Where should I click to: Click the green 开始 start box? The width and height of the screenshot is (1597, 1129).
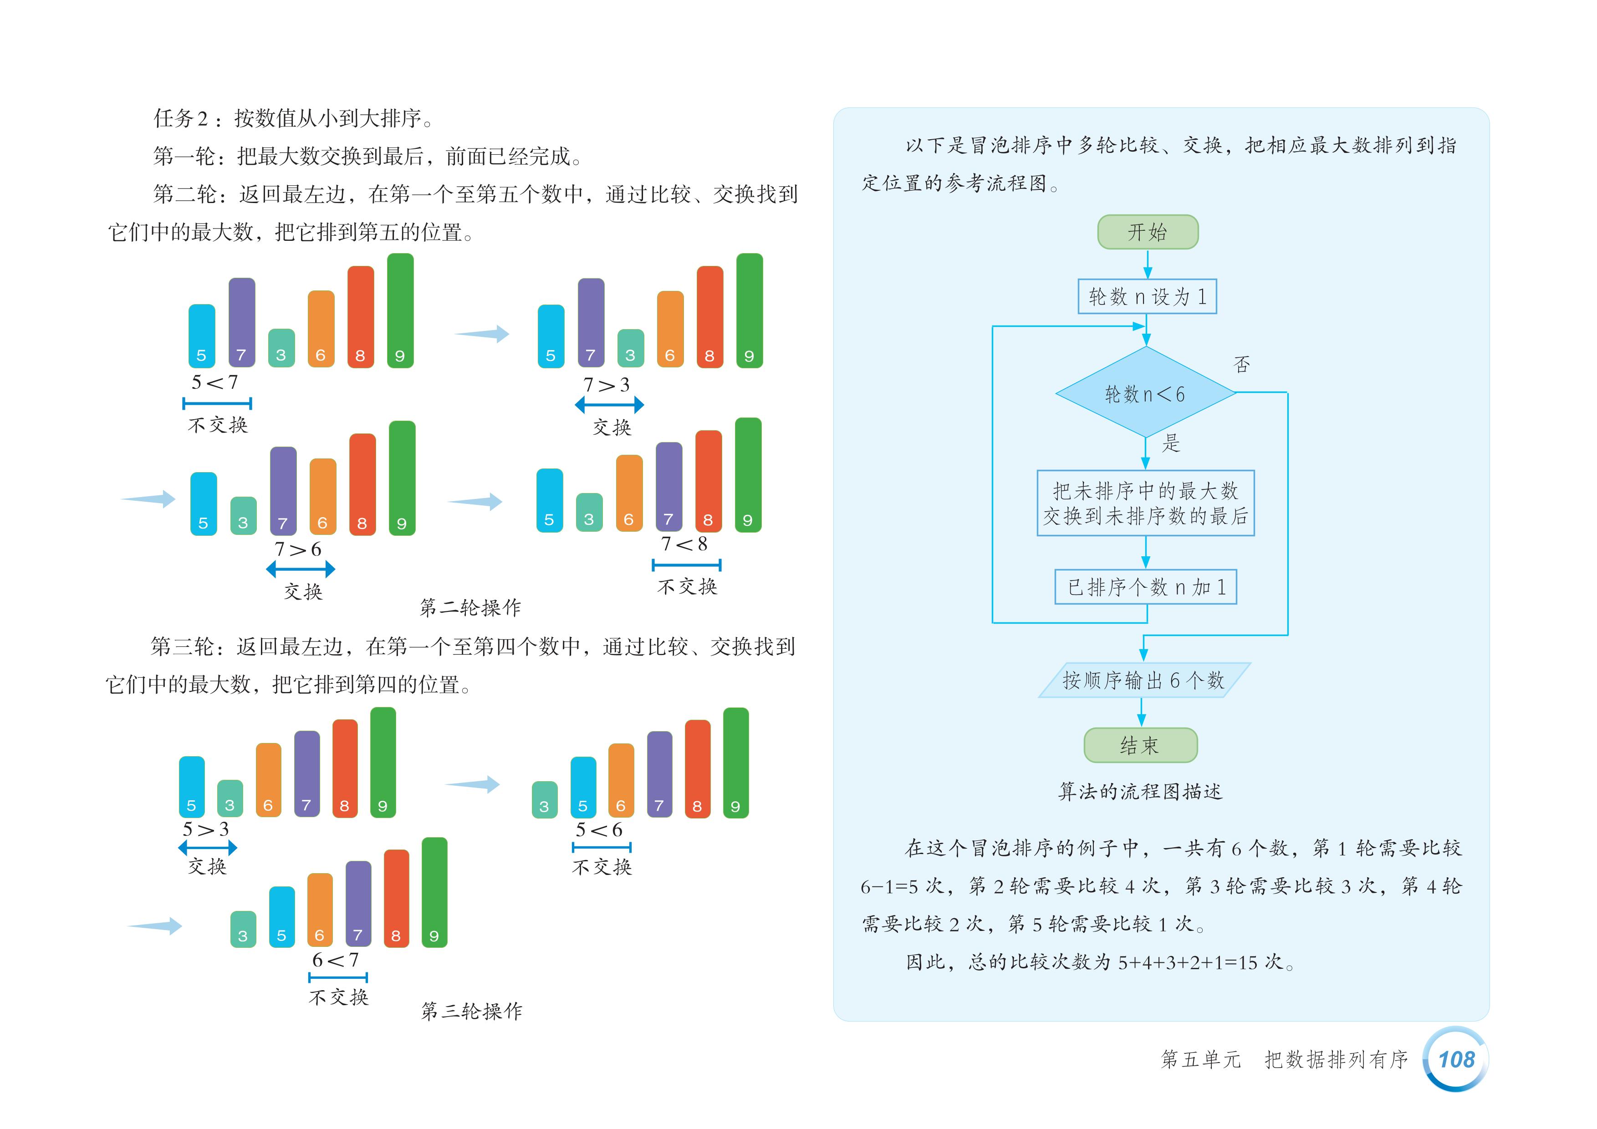(1148, 232)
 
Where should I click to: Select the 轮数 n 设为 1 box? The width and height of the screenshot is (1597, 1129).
(1147, 297)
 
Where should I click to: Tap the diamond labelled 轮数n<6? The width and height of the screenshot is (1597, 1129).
(1145, 393)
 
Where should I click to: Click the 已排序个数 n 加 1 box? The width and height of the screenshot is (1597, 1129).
(1146, 587)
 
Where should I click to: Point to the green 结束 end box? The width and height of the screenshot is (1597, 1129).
(1141, 746)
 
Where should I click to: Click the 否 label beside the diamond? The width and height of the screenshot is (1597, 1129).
(1241, 364)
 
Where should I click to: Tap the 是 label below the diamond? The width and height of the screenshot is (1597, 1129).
(1171, 443)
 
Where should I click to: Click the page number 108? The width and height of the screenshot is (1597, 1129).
(1456, 1059)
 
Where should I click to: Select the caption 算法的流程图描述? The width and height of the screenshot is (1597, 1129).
(1140, 792)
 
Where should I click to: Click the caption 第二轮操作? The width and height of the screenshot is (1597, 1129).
(470, 608)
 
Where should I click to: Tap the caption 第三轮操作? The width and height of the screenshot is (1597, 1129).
(472, 1011)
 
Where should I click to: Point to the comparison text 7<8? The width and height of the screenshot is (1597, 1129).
(684, 544)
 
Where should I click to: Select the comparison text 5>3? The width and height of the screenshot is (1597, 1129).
(206, 829)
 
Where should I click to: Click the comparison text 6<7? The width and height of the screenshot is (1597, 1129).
(336, 960)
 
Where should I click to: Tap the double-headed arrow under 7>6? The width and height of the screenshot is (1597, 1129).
(301, 570)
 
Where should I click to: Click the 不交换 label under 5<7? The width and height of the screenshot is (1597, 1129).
(218, 425)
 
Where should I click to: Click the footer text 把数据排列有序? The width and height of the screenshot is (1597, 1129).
(1336, 1059)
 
